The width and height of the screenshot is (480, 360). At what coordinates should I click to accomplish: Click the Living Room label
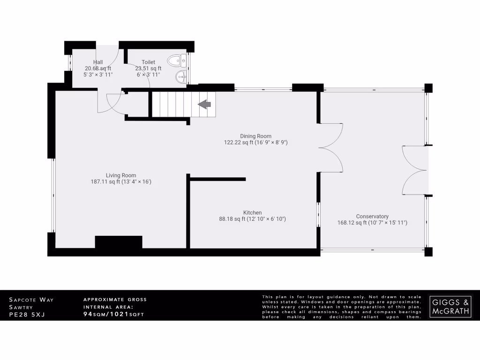pyautogui.click(x=120, y=175)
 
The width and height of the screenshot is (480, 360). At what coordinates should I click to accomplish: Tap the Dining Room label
pyautogui.click(x=255, y=136)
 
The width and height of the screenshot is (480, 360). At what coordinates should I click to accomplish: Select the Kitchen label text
pyautogui.click(x=252, y=212)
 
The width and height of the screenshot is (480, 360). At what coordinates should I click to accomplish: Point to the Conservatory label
pyautogui.click(x=372, y=217)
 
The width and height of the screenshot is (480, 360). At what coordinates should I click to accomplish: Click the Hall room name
pyautogui.click(x=98, y=62)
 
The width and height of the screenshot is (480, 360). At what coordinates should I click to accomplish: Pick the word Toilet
pyautogui.click(x=148, y=62)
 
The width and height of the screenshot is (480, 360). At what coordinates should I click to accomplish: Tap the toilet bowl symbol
pyautogui.click(x=176, y=60)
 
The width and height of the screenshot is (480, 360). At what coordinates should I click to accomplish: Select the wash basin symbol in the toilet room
pyautogui.click(x=180, y=76)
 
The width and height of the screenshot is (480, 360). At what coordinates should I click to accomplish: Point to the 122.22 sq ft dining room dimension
pyautogui.click(x=255, y=142)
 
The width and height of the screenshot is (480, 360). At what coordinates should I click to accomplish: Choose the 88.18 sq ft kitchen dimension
pyautogui.click(x=252, y=218)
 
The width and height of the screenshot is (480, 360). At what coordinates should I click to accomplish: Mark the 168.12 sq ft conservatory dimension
pyautogui.click(x=372, y=223)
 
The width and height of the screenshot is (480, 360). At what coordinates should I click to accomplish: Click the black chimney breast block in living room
pyautogui.click(x=118, y=242)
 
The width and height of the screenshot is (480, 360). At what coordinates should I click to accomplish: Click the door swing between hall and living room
pyautogui.click(x=109, y=102)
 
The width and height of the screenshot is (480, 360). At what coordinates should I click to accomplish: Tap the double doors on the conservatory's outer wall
pyautogui.click(x=414, y=170)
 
